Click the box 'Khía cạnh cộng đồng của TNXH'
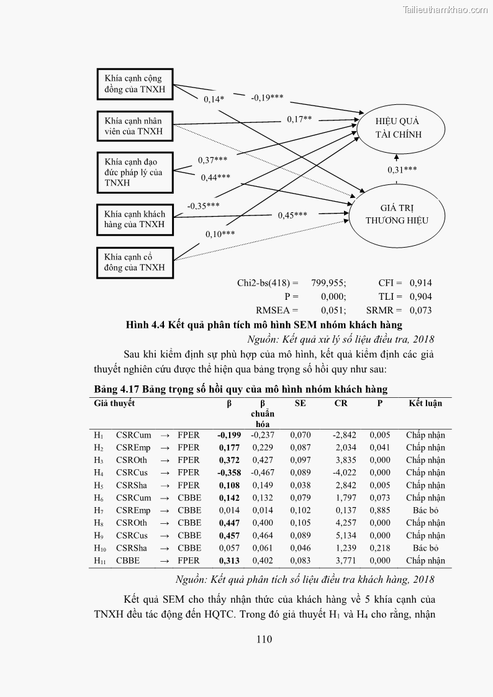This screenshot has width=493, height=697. pyautogui.click(x=135, y=84)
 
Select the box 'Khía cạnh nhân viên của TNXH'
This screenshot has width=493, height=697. pyautogui.click(x=135, y=126)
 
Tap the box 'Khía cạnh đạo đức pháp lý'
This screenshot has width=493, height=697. pyautogui.click(x=135, y=173)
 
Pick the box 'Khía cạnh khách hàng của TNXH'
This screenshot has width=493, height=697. pyautogui.click(x=135, y=219)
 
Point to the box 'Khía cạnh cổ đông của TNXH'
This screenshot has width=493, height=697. pyautogui.click(x=135, y=262)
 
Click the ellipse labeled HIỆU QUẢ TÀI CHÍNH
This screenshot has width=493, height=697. pyautogui.click(x=398, y=127)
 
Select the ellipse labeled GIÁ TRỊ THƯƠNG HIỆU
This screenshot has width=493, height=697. pyautogui.click(x=397, y=214)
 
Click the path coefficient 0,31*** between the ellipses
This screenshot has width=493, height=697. pyautogui.click(x=402, y=169)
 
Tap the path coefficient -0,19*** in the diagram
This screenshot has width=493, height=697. pyautogui.click(x=267, y=97)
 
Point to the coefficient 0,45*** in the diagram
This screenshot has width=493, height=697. pyautogui.click(x=292, y=215)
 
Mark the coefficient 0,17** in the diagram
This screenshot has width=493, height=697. pyautogui.click(x=299, y=119)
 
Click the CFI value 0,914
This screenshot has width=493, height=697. pyautogui.click(x=420, y=282)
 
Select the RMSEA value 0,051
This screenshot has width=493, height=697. pyautogui.click(x=333, y=310)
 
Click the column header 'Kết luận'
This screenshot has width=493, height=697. pyautogui.click(x=425, y=403)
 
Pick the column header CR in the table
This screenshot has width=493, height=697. pyautogui.click(x=341, y=403)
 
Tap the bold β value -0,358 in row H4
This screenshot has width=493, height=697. pyautogui.click(x=229, y=472)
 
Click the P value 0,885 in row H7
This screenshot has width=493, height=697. pyautogui.click(x=380, y=510)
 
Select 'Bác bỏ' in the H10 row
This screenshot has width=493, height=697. pyautogui.click(x=425, y=548)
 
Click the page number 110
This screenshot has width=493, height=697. pyautogui.click(x=264, y=640)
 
